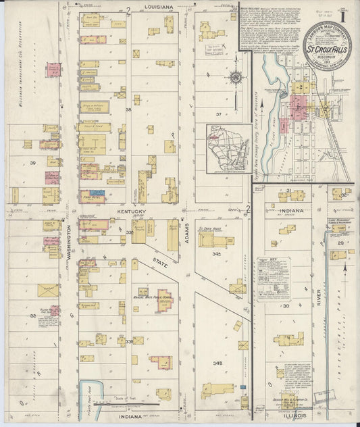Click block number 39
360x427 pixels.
pyautogui.click(x=32, y=164)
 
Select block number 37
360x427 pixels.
pyautogui.click(x=218, y=114)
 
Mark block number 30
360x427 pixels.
pyautogui.click(x=286, y=305)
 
